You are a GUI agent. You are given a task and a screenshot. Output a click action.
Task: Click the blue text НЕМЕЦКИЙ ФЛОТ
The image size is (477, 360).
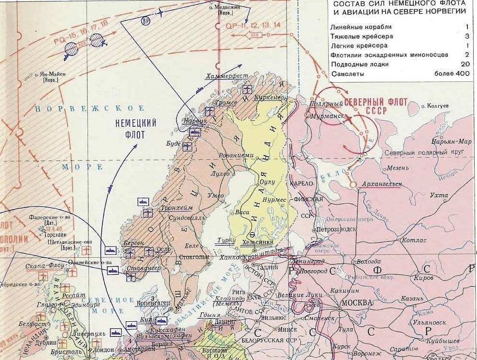[x=136, y=128]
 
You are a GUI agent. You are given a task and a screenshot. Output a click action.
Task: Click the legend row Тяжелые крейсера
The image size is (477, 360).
[x=355, y=36]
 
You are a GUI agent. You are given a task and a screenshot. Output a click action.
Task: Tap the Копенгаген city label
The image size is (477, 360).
[x=151, y=304]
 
